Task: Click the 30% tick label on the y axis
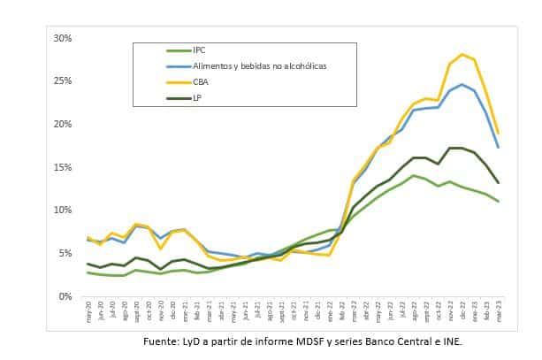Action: click(63, 38)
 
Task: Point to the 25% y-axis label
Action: click(63, 81)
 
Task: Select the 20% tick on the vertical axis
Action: click(63, 124)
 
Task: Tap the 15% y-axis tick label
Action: click(63, 167)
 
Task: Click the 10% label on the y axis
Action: click(63, 210)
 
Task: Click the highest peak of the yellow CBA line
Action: click(462, 54)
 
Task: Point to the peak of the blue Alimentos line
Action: click(462, 85)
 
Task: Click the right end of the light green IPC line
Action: click(498, 201)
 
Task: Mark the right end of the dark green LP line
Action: click(498, 182)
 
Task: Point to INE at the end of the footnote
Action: click(451, 341)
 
